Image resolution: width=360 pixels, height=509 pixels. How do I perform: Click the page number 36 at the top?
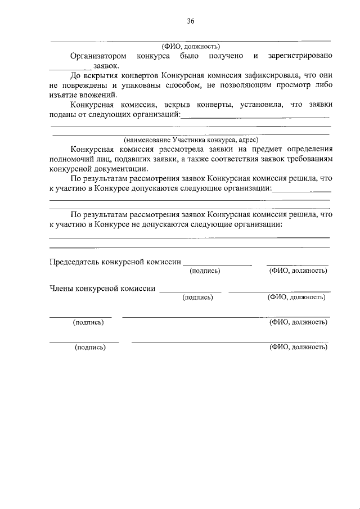pos(190,21)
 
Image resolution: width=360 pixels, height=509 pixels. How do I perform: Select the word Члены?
pos(61,289)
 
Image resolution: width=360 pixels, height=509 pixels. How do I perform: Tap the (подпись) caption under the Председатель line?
pos(205,271)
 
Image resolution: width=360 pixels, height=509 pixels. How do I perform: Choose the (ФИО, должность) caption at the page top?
pos(190,47)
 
